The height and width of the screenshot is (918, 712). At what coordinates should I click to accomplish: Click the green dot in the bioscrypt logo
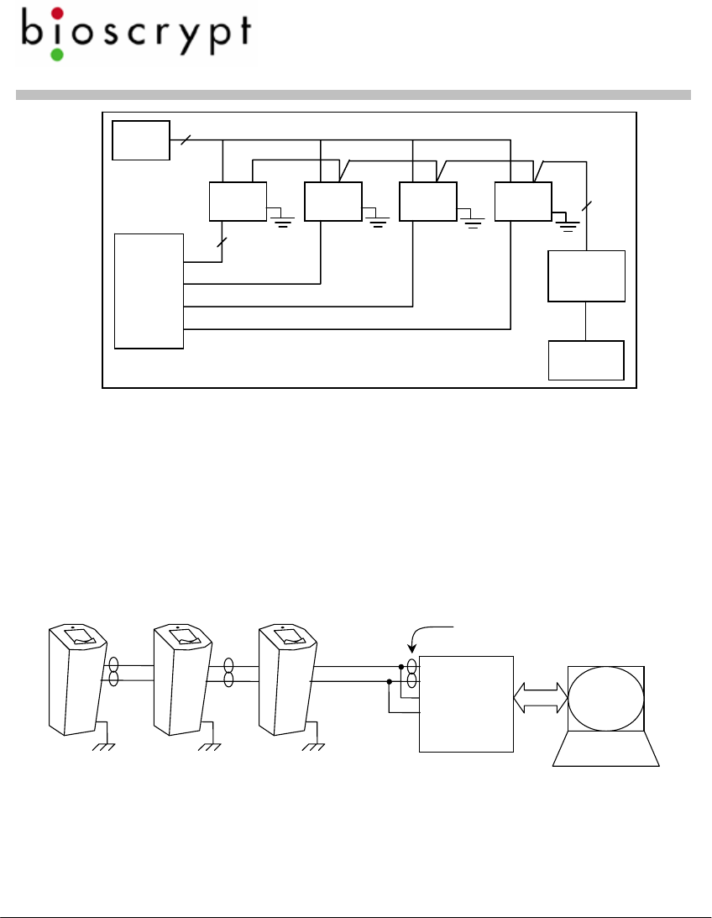coord(57,55)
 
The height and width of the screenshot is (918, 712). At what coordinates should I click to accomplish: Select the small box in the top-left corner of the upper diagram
coord(140,139)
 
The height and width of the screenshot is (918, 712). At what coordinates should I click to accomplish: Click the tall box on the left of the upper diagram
coord(149,291)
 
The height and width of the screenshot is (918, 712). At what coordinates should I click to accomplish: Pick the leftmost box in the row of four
coord(238,201)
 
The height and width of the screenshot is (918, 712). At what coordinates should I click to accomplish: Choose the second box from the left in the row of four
coord(333,201)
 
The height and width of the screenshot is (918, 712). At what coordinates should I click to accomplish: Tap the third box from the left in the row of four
coord(428,201)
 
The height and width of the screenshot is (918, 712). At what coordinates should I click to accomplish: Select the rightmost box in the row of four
coord(523,201)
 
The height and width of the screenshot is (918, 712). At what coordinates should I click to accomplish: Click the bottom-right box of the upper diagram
coord(586,360)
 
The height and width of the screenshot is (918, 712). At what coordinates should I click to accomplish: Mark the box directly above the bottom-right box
coord(586,275)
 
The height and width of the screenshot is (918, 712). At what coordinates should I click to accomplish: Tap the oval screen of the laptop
coord(606,698)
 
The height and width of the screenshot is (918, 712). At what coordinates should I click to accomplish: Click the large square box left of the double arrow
coord(466,704)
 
